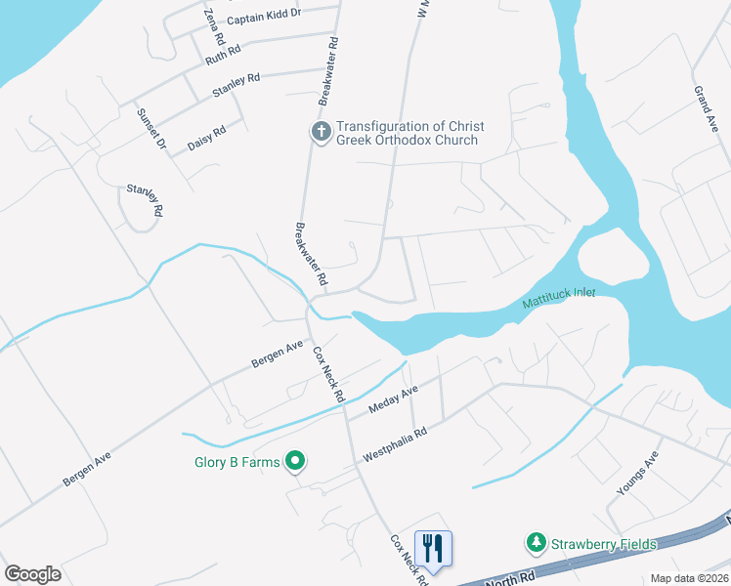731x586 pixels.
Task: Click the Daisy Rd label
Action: (206, 136)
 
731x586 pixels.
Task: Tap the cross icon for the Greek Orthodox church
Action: (320, 132)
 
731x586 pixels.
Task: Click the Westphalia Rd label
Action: (396, 443)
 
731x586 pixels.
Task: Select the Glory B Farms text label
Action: (235, 462)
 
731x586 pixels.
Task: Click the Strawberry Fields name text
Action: (602, 544)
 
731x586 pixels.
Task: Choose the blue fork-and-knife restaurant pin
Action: (433, 546)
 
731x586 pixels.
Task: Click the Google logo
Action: (32, 574)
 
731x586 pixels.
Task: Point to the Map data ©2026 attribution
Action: (689, 578)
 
